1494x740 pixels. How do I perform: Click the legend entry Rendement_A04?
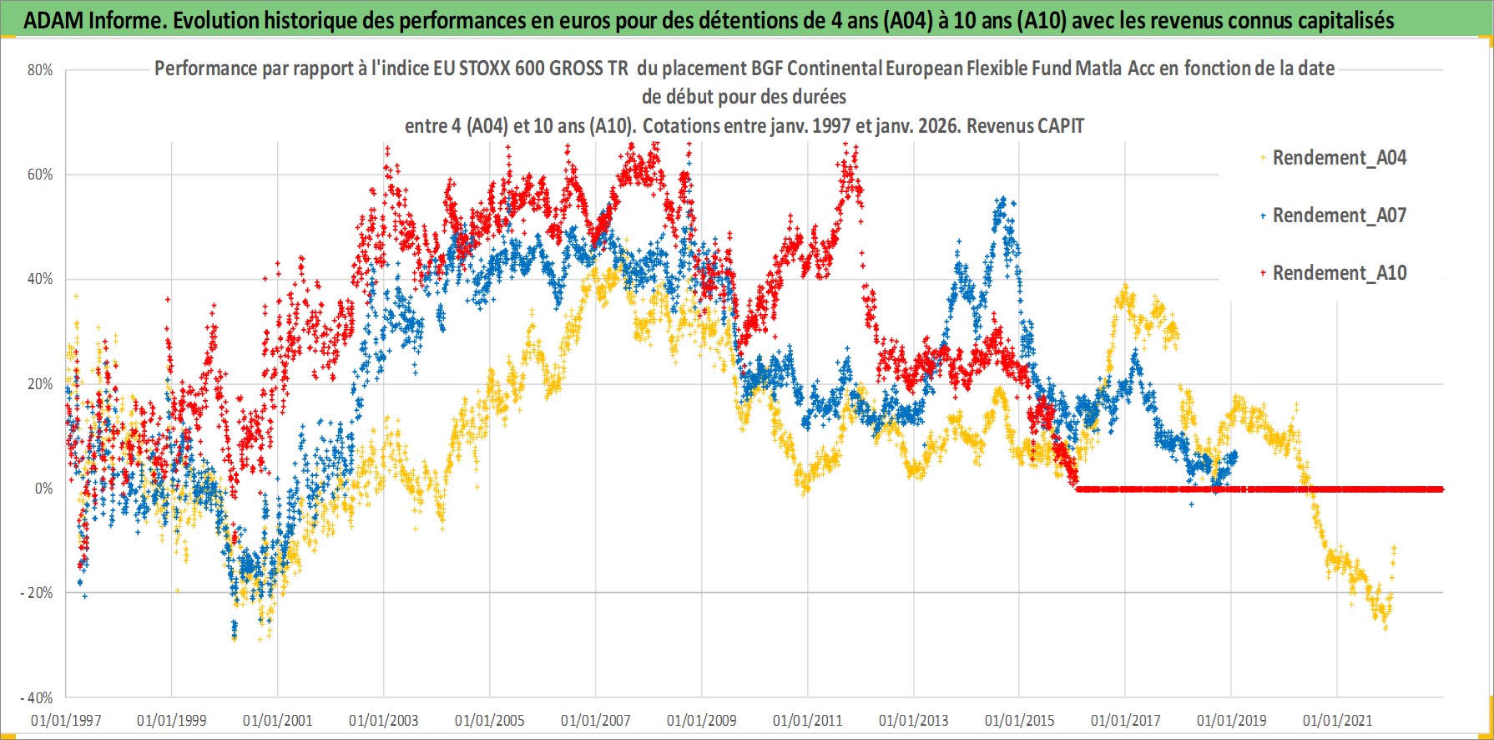pos(1339,158)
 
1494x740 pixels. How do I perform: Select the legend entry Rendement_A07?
pos(1339,215)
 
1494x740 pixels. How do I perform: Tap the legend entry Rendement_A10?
pos(1339,273)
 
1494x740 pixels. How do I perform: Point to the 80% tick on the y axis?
pos(40,70)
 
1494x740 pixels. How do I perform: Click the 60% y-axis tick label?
pos(40,175)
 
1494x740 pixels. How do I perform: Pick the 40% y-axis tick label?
pos(40,279)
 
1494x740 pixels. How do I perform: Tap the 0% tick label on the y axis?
pos(43,489)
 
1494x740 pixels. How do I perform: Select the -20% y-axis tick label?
pos(37,593)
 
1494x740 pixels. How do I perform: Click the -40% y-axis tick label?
pos(37,697)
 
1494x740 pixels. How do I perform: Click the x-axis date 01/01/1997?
pos(66,720)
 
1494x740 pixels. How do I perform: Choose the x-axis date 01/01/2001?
pos(278,720)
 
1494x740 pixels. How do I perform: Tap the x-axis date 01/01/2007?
pos(596,720)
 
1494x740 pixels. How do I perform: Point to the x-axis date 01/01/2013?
pos(914,720)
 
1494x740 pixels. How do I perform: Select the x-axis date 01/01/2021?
pos(1338,720)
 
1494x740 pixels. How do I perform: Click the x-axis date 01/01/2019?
pos(1232,720)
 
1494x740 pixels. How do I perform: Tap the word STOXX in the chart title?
pos(484,68)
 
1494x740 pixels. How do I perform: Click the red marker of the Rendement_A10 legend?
pos(1263,273)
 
